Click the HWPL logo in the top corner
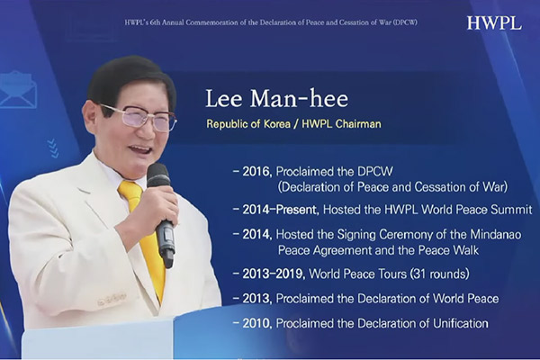[x=494, y=23]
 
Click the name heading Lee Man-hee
[x=277, y=98]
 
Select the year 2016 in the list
[x=256, y=172]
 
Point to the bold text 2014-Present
[x=280, y=210]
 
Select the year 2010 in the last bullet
[x=256, y=323]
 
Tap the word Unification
[x=461, y=323]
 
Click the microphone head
[x=158, y=175]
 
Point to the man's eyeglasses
[x=138, y=117]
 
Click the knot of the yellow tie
[x=130, y=192]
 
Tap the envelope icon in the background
[x=17, y=90]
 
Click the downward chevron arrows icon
[x=53, y=148]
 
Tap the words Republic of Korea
[x=248, y=124]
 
